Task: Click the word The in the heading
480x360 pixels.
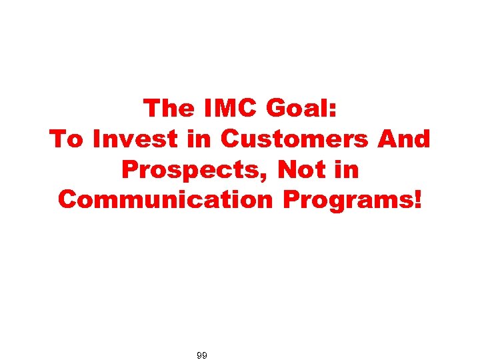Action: click(x=167, y=108)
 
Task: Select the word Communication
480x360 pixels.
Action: click(x=163, y=201)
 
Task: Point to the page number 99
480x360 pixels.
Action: click(x=202, y=355)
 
